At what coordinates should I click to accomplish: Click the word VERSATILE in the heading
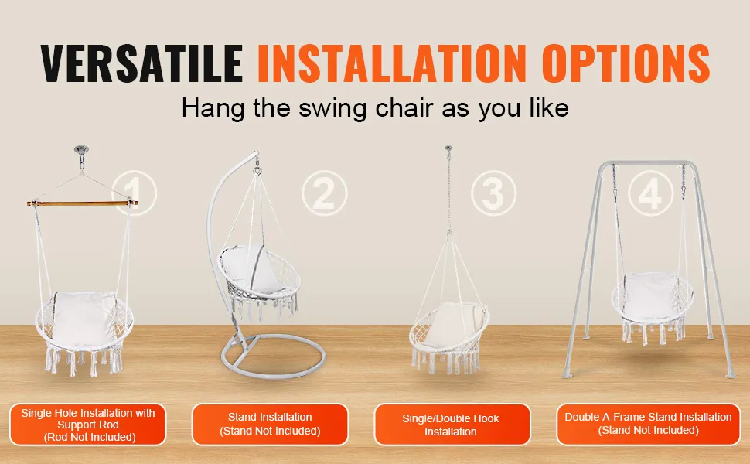tap(141, 63)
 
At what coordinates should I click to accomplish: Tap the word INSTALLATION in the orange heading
tap(392, 63)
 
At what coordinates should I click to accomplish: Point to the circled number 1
tap(134, 193)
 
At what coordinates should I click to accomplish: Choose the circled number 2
tap(324, 193)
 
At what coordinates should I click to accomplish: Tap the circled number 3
tap(493, 193)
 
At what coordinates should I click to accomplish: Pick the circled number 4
tap(650, 193)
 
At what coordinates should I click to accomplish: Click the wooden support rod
tap(82, 203)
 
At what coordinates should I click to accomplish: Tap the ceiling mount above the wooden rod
tap(82, 150)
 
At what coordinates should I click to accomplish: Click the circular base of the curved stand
tap(273, 357)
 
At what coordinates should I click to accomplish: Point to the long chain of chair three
tap(448, 191)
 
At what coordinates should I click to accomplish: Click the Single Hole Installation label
tap(88, 425)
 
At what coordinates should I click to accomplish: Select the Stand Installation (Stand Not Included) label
tap(271, 425)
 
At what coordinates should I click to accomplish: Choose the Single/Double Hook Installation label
tap(452, 425)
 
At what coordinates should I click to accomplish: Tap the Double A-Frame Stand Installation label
tap(648, 425)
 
